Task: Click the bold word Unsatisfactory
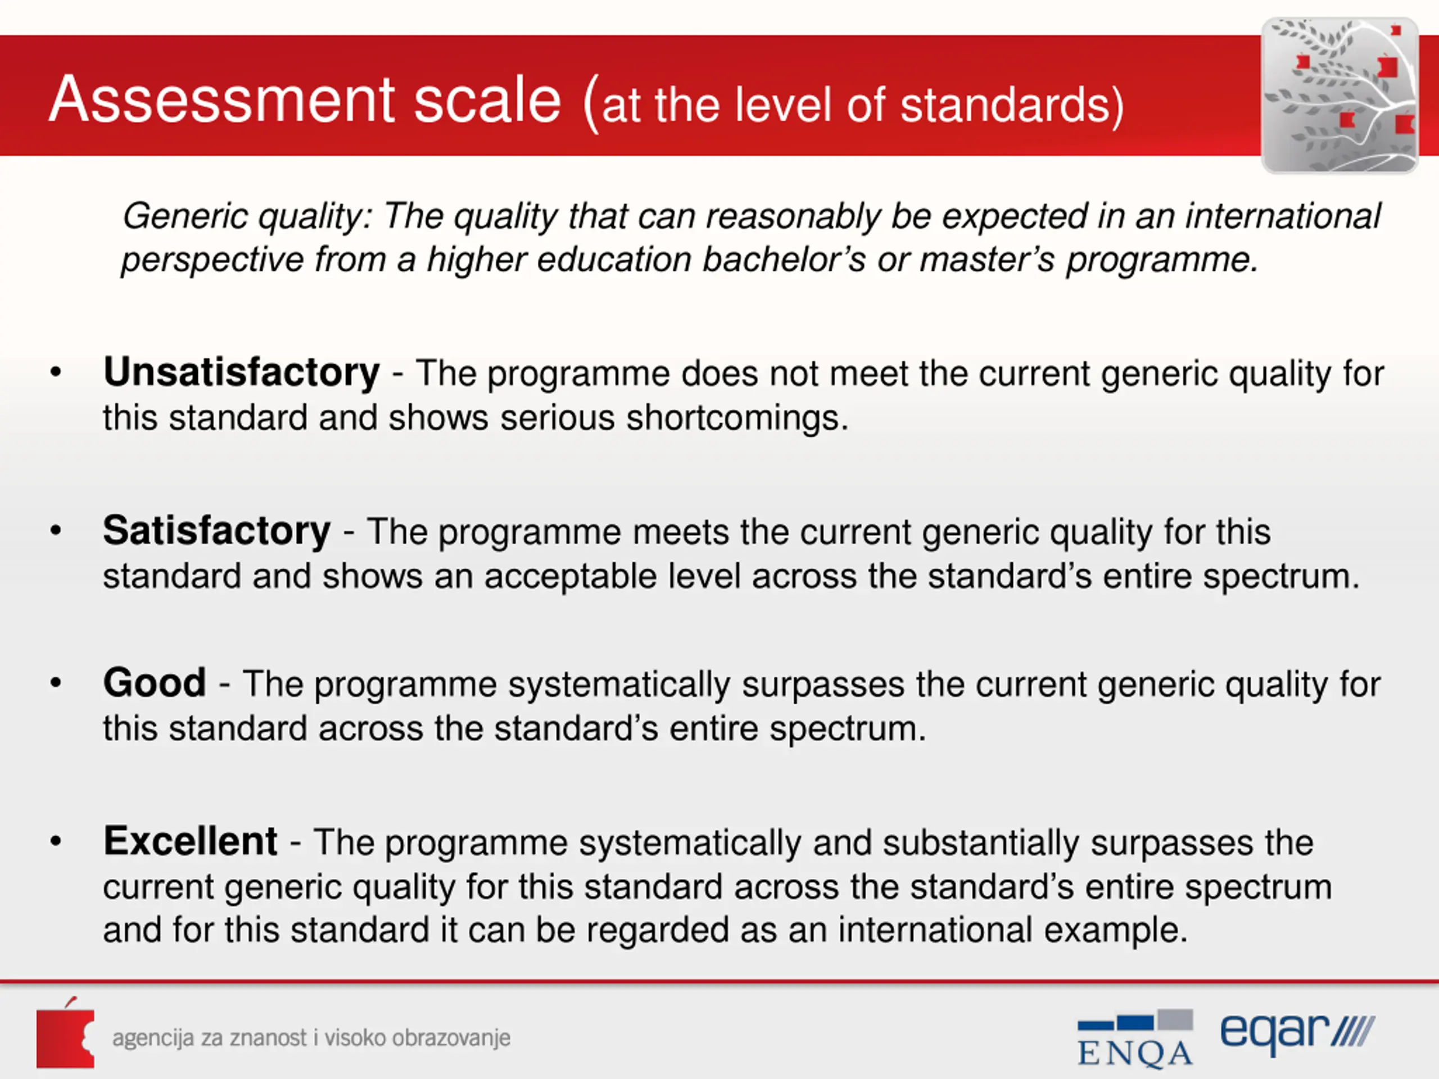pyautogui.click(x=241, y=373)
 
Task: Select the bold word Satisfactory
pyautogui.click(x=216, y=531)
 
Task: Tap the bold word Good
pyautogui.click(x=155, y=683)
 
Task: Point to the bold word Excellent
pyautogui.click(x=191, y=841)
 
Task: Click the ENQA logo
pyautogui.click(x=1135, y=1038)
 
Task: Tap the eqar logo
pyautogui.click(x=1297, y=1034)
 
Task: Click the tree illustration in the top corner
pyautogui.click(x=1340, y=96)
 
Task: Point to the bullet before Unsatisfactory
pyautogui.click(x=56, y=373)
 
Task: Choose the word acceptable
pyautogui.click(x=570, y=576)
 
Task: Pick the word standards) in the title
pyautogui.click(x=1012, y=105)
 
